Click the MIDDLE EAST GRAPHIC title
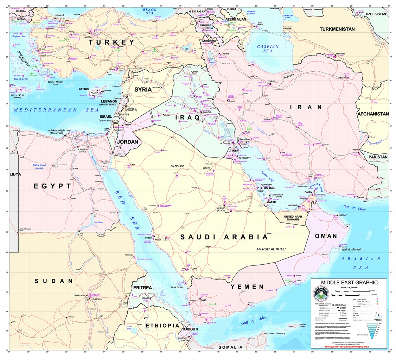coord(349,282)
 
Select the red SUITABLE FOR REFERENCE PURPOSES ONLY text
coord(349,347)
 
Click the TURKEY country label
coord(111,43)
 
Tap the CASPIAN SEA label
coord(268,49)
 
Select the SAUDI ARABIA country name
coord(224,237)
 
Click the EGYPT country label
coord(52,186)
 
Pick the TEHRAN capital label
coord(271,82)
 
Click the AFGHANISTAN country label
coord(373,114)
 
